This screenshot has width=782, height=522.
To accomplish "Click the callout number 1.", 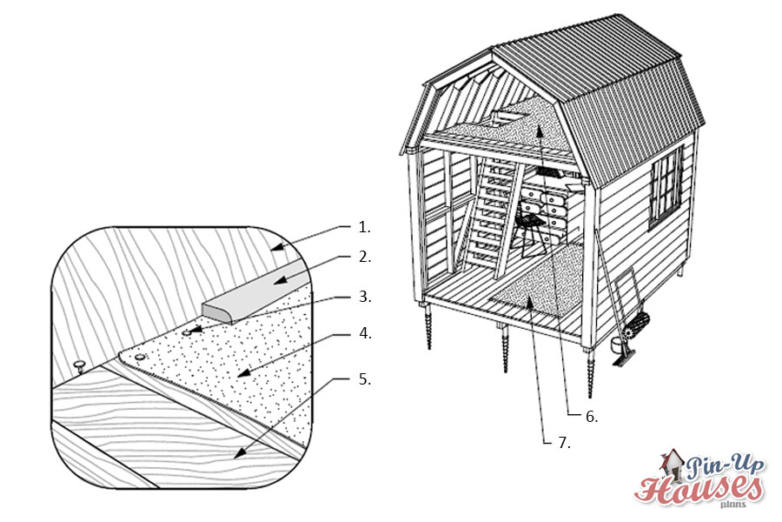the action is click(364, 227).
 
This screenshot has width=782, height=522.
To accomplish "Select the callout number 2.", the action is click(365, 257).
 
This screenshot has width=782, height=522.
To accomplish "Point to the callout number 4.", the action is click(365, 333).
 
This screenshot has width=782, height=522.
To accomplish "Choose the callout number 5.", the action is click(365, 379).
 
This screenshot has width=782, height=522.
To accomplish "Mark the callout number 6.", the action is click(592, 416).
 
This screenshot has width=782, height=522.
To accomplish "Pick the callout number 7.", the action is click(564, 443).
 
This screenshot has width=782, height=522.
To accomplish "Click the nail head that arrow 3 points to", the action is click(188, 331).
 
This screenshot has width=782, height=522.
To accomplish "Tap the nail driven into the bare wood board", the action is click(79, 365).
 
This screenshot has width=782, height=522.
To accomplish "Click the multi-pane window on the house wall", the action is click(666, 187).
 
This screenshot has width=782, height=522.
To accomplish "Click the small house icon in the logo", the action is click(672, 465).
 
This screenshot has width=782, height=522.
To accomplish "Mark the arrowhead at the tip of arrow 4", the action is click(243, 372).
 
